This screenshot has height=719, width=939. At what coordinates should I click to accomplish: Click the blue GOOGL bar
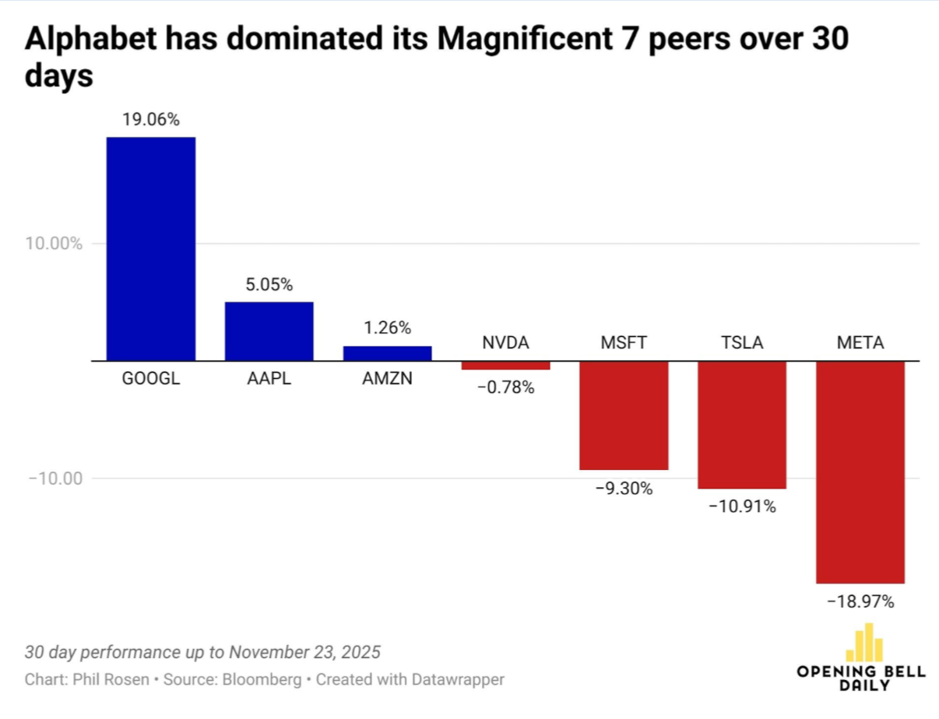point(150,249)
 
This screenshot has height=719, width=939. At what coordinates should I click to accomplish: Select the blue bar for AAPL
point(269,331)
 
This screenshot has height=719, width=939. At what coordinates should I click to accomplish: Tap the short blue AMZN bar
point(387,354)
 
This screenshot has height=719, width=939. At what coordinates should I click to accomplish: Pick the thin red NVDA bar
point(505,366)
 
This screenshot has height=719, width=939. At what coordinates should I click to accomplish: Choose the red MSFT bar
point(624,416)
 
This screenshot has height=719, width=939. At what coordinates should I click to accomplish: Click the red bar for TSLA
point(742,425)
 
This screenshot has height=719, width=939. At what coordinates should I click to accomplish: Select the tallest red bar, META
point(860,472)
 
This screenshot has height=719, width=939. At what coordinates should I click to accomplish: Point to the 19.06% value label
point(150,120)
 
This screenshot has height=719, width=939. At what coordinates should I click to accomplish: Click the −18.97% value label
point(860,602)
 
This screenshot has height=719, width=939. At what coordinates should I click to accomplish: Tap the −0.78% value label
point(505,387)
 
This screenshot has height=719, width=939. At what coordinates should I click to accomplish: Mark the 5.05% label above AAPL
point(269,285)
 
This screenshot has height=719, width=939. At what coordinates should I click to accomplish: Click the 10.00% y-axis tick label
point(55,244)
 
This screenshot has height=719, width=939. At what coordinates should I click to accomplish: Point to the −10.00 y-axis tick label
point(55,478)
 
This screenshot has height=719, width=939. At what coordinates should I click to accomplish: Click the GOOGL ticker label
point(150,381)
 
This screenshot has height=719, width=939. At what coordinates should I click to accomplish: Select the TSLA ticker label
point(742,342)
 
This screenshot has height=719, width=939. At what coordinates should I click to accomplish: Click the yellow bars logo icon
point(864,643)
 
